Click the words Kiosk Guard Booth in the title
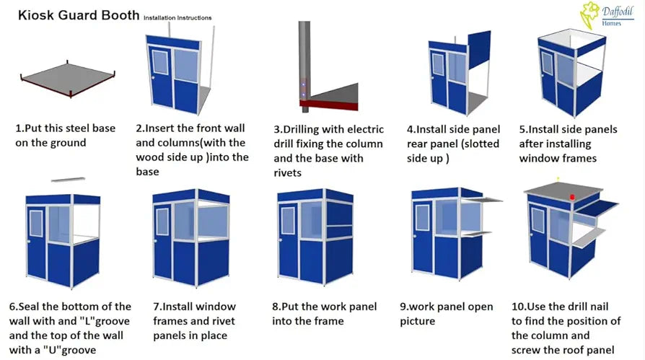coord(79,15)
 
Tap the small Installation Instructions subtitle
coord(177,18)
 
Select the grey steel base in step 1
coord(68,79)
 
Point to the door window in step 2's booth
coord(160,62)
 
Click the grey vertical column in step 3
coord(304,66)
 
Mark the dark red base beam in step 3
coord(329,105)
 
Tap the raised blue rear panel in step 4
coord(479,48)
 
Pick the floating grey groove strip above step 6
coord(69,180)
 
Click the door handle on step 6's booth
coord(29,241)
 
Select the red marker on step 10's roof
coord(572,198)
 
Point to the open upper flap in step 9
coord(481,200)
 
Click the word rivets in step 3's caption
coord(288,173)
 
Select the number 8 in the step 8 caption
coord(275,307)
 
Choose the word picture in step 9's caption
coord(417,321)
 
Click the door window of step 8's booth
coord(288,220)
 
